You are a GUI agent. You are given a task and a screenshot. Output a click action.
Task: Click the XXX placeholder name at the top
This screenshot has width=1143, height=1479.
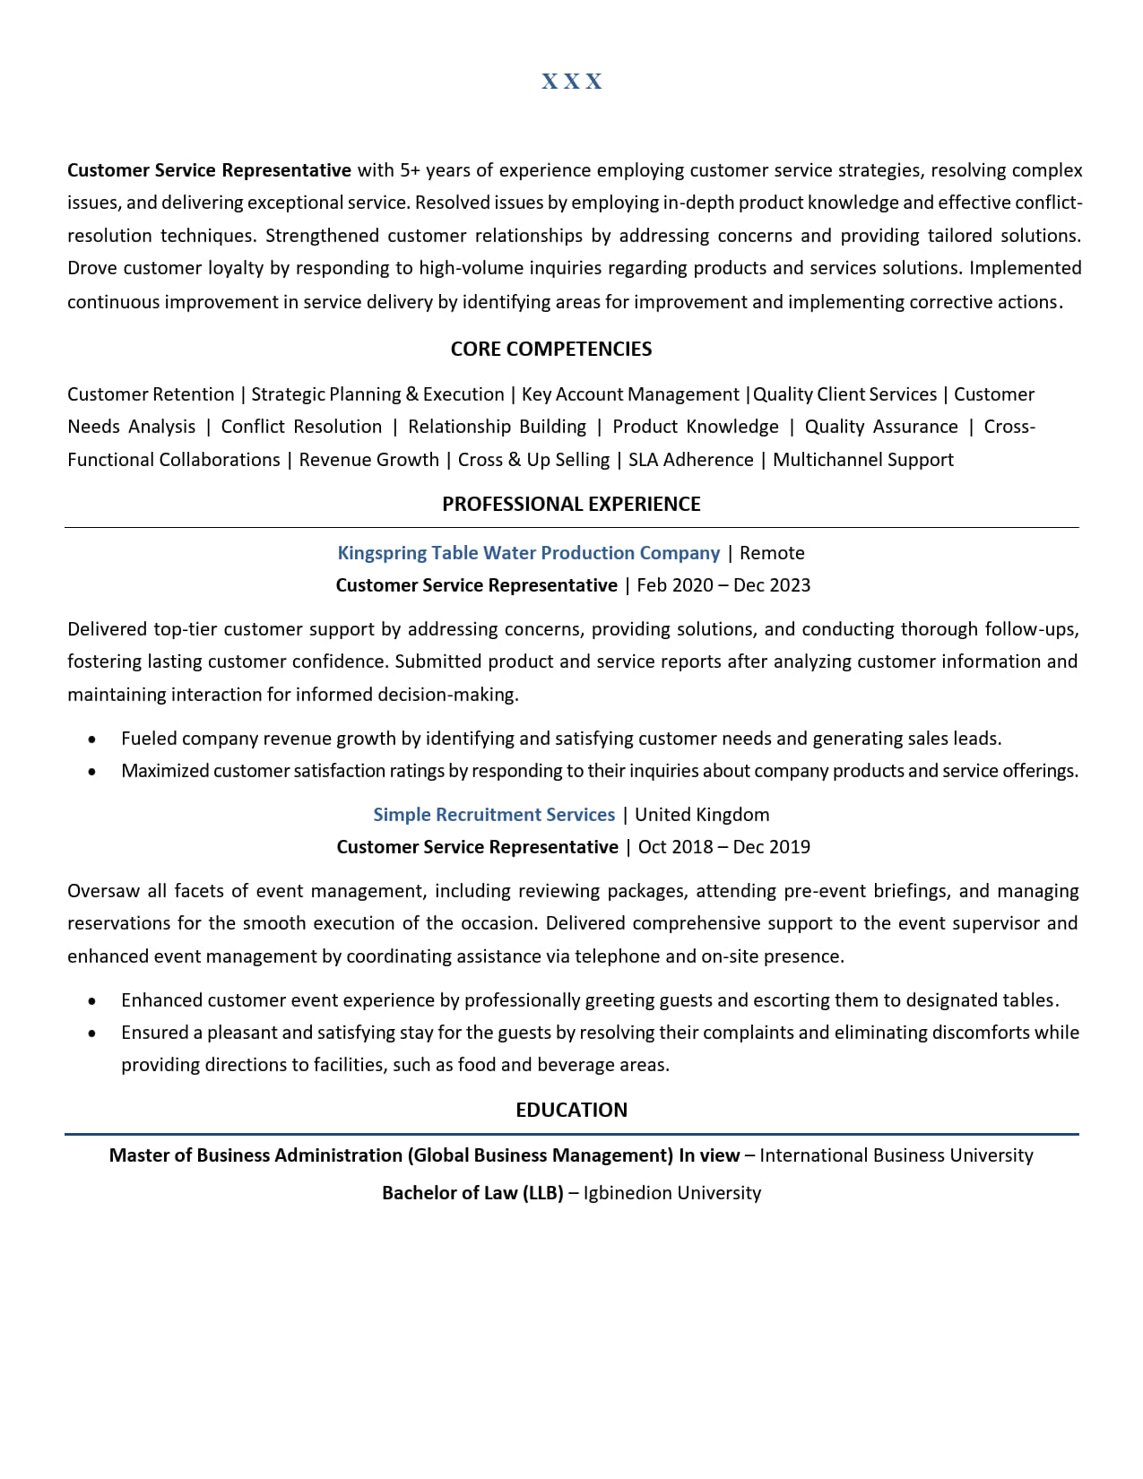[x=572, y=82]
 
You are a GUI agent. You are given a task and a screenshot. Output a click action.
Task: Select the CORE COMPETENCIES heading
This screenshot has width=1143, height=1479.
[x=550, y=349]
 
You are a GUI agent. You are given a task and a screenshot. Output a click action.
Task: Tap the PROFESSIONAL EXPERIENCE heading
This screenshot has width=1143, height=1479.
[x=571, y=504]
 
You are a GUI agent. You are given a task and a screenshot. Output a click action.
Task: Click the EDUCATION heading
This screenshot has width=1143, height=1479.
[x=571, y=1110]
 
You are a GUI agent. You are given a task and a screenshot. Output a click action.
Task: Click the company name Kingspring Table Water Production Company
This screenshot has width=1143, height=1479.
[x=528, y=553]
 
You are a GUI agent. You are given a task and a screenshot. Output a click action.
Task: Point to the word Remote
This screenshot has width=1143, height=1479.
[x=772, y=553]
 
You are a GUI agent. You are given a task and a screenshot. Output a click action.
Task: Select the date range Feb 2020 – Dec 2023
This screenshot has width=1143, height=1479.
[x=723, y=585]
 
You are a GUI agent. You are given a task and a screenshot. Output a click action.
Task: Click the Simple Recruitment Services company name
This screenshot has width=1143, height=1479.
[x=494, y=815]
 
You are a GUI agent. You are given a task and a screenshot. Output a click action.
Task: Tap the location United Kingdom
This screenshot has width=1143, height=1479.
[x=702, y=815]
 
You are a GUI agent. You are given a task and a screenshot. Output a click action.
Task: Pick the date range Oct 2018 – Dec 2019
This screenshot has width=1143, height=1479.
[x=723, y=847]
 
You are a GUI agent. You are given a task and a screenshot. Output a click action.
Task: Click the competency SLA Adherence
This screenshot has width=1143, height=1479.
[x=690, y=460]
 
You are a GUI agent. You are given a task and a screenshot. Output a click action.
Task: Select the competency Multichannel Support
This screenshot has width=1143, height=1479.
[x=862, y=460]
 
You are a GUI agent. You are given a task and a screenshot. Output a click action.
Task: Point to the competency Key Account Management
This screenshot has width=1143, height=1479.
[x=630, y=394]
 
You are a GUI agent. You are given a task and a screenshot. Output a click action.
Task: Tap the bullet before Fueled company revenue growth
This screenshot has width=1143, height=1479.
[x=92, y=739]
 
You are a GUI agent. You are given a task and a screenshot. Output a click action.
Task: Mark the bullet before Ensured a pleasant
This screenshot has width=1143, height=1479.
[x=92, y=1034]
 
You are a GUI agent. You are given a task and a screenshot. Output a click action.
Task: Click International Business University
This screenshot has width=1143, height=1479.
[x=896, y=1155]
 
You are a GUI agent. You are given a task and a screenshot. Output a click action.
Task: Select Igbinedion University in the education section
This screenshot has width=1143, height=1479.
[x=671, y=1193]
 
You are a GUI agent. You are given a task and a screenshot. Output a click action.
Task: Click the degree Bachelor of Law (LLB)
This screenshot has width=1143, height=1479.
[x=472, y=1193]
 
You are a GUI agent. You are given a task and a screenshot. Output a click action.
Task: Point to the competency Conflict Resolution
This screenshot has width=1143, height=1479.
[x=301, y=427]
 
